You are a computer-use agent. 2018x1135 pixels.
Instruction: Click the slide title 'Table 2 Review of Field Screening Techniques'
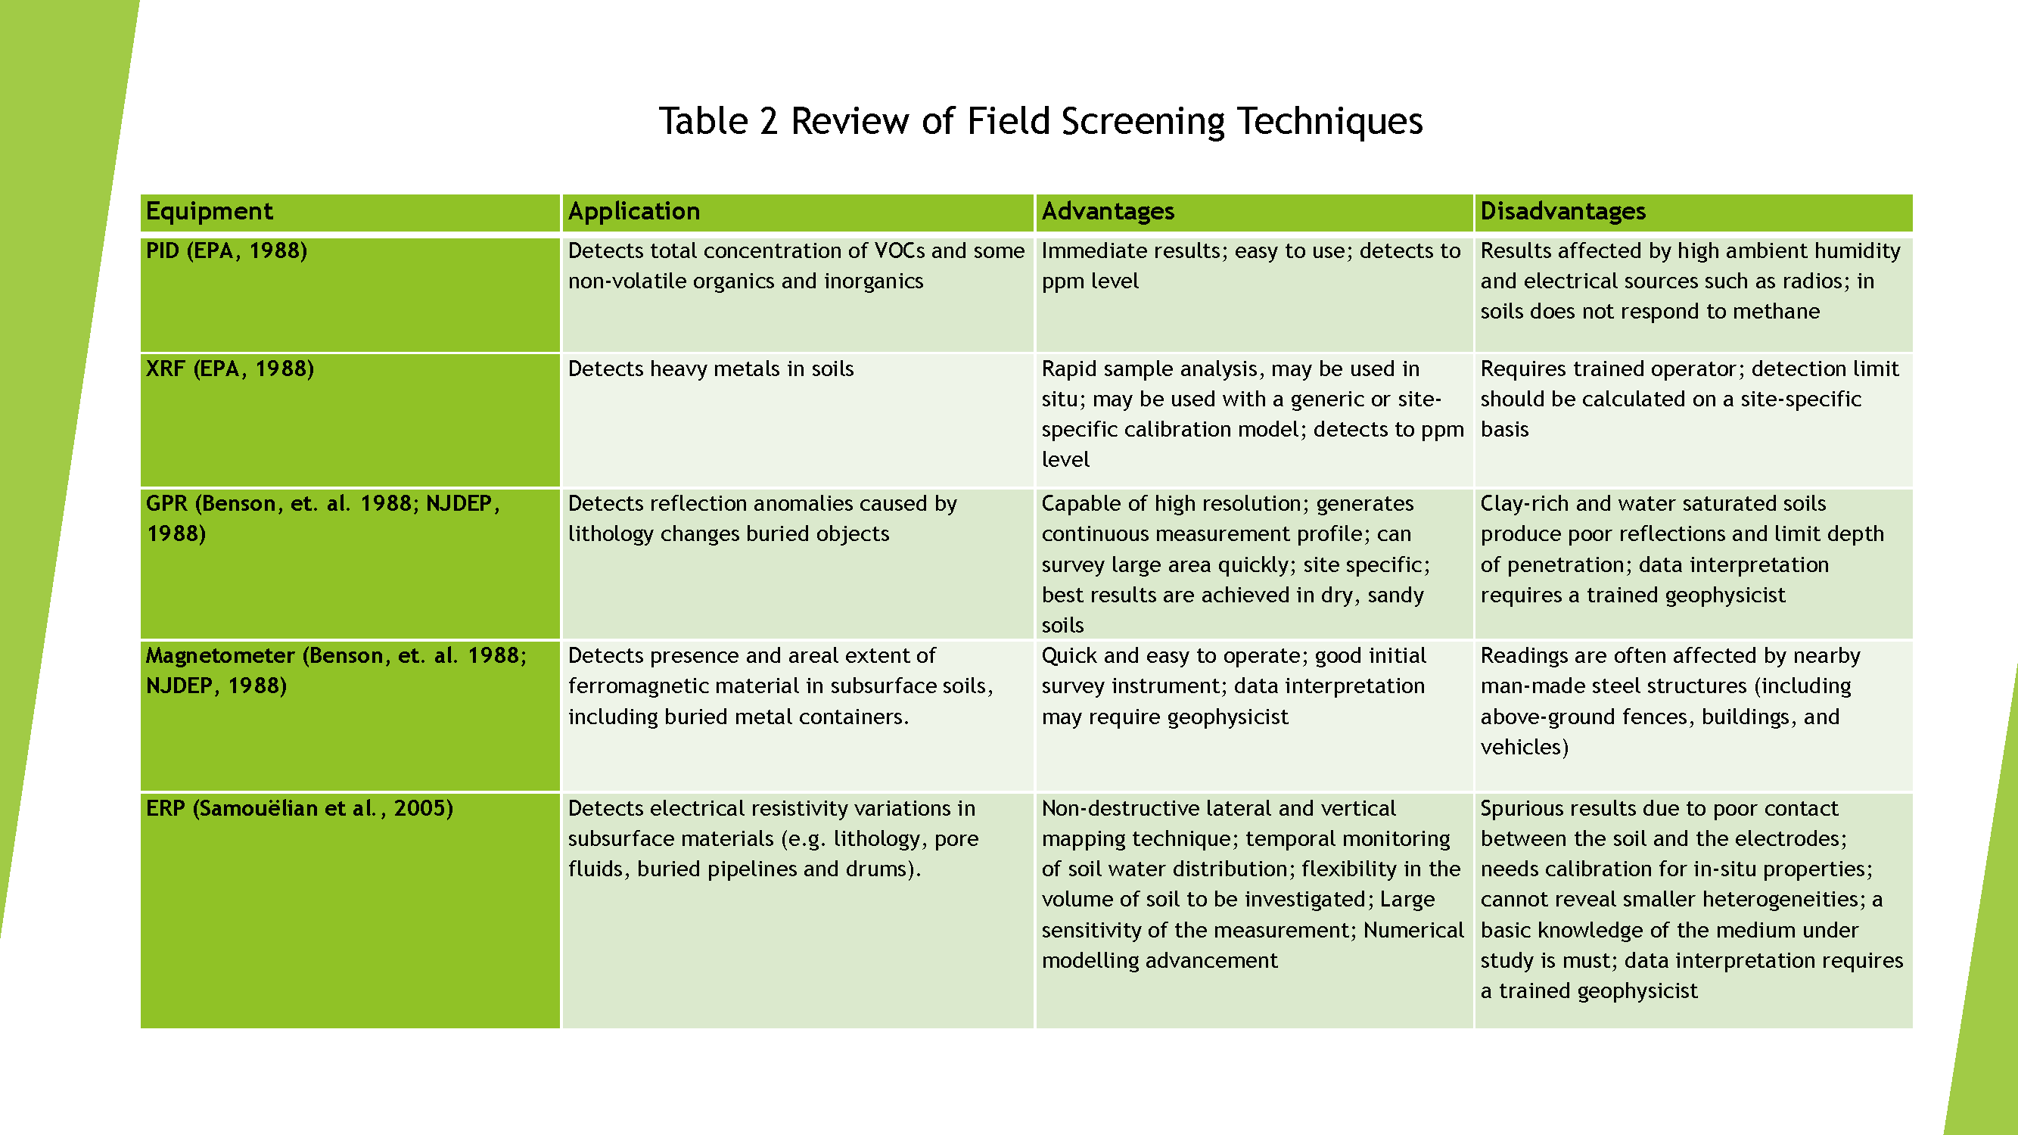1040,121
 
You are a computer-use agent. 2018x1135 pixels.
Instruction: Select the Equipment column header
209,212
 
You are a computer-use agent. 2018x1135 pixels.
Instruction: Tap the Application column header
634,212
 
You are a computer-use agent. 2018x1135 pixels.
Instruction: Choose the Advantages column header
1108,212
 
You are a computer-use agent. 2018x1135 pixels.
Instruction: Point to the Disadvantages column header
1562,212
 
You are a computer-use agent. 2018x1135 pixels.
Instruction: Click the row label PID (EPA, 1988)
226,250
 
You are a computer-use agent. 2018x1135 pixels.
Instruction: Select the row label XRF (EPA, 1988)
229,369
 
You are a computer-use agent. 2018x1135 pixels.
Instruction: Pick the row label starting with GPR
323,518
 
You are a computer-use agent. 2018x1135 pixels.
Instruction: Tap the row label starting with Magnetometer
336,670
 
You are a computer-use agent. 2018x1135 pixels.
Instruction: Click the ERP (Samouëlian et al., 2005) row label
299,808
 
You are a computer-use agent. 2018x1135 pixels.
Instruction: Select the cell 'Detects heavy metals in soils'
710,369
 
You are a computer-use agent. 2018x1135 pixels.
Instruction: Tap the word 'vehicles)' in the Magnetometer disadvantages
1525,748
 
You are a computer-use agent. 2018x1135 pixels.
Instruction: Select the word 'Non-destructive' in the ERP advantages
1129,808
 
